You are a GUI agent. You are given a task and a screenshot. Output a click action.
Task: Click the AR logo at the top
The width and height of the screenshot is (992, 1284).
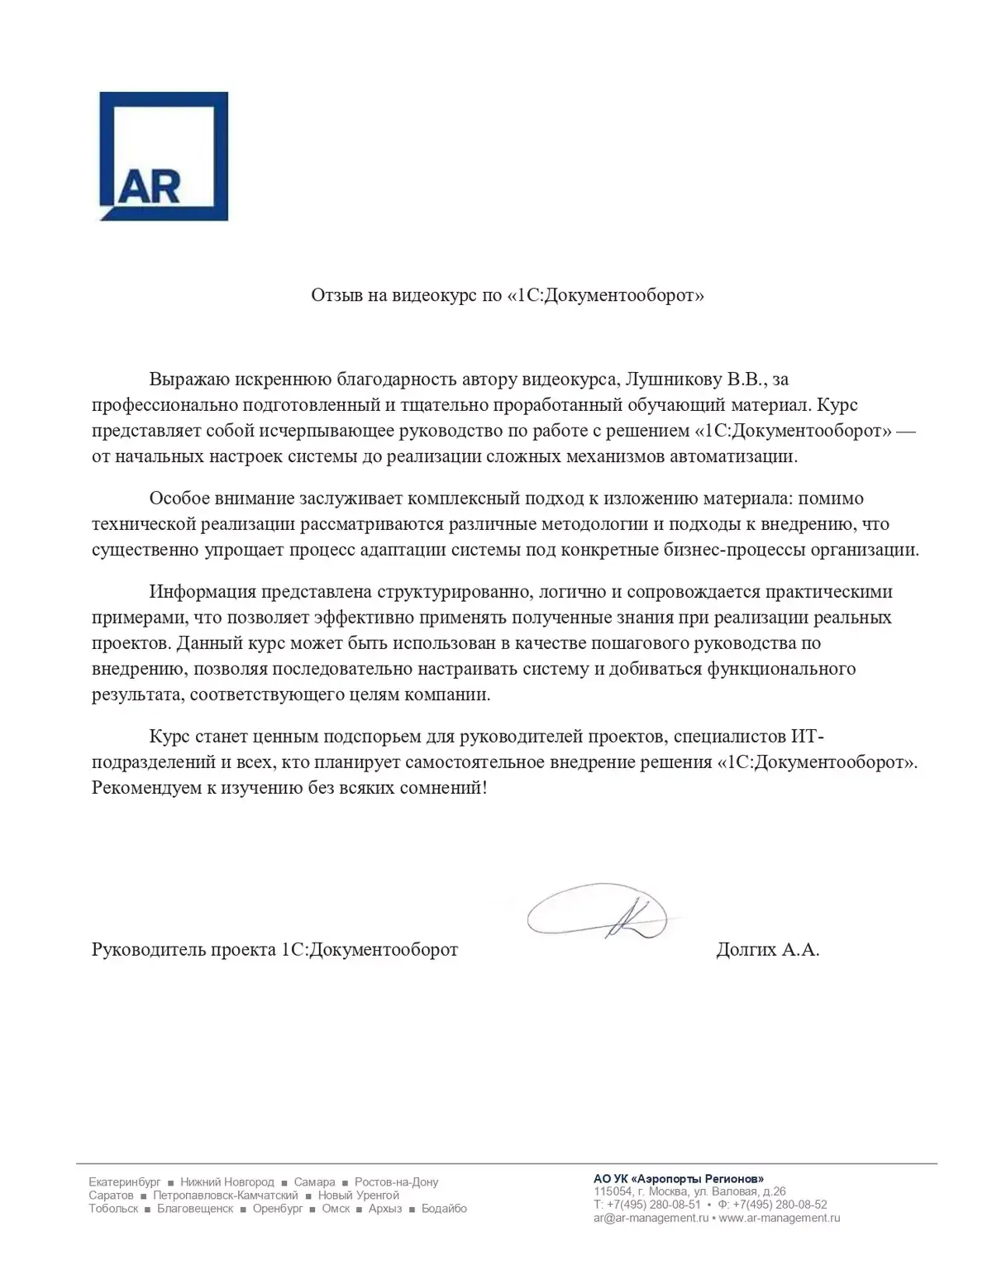click(x=164, y=155)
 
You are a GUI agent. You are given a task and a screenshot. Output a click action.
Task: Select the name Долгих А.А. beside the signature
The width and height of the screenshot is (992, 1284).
click(x=767, y=949)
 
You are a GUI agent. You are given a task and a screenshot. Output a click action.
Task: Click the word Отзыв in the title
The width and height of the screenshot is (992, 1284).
click(x=336, y=295)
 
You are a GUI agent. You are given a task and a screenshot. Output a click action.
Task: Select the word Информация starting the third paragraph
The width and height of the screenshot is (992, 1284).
click(x=203, y=592)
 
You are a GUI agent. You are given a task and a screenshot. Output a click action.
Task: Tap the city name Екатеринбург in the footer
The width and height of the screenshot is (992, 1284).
click(x=125, y=1182)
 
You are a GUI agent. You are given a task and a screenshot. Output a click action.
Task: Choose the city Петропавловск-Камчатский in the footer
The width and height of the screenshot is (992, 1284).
click(x=225, y=1196)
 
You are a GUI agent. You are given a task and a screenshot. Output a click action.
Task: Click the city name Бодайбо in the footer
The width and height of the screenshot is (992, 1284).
click(x=444, y=1209)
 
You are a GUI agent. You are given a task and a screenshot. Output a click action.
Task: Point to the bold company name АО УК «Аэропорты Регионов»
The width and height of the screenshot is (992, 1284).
click(x=679, y=1179)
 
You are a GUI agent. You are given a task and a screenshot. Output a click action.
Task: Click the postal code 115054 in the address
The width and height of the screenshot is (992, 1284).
click(x=612, y=1191)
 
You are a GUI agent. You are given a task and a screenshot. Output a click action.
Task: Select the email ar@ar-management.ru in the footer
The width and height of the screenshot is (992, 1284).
click(x=651, y=1218)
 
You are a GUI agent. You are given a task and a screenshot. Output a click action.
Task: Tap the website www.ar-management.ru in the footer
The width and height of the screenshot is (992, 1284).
click(x=780, y=1218)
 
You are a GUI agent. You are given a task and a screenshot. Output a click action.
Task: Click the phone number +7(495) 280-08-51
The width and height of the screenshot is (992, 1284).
click(x=653, y=1205)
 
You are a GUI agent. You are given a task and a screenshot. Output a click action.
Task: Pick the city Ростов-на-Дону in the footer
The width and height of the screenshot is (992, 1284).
click(x=396, y=1182)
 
